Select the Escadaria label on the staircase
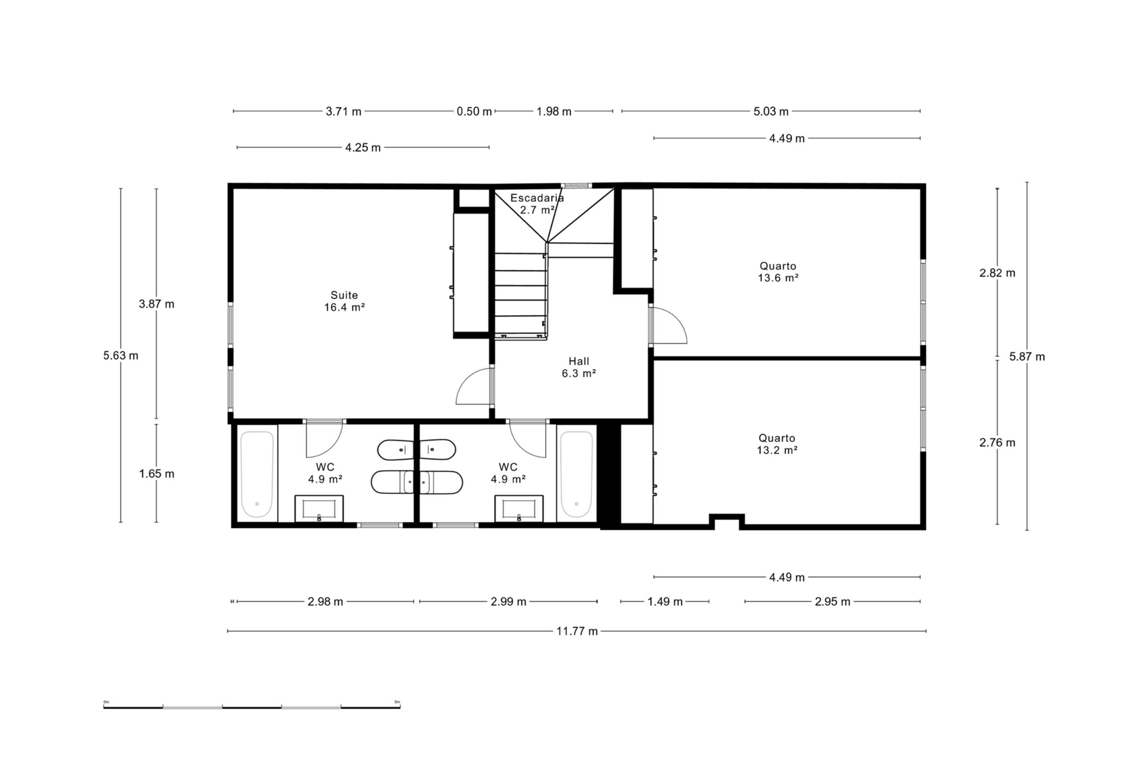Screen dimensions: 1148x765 [537, 198]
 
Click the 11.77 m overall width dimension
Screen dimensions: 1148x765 [577, 631]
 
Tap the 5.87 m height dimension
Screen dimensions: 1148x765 [1027, 356]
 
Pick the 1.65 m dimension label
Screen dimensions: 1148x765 [157, 474]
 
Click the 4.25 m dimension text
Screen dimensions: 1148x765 [363, 148]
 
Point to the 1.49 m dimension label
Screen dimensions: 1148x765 [665, 602]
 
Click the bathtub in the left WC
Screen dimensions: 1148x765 [257, 474]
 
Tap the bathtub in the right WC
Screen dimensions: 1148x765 [576, 474]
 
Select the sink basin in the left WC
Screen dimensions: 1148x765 [319, 509]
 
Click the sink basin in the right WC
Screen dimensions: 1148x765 [519, 509]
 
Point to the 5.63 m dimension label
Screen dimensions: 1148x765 [121, 356]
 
